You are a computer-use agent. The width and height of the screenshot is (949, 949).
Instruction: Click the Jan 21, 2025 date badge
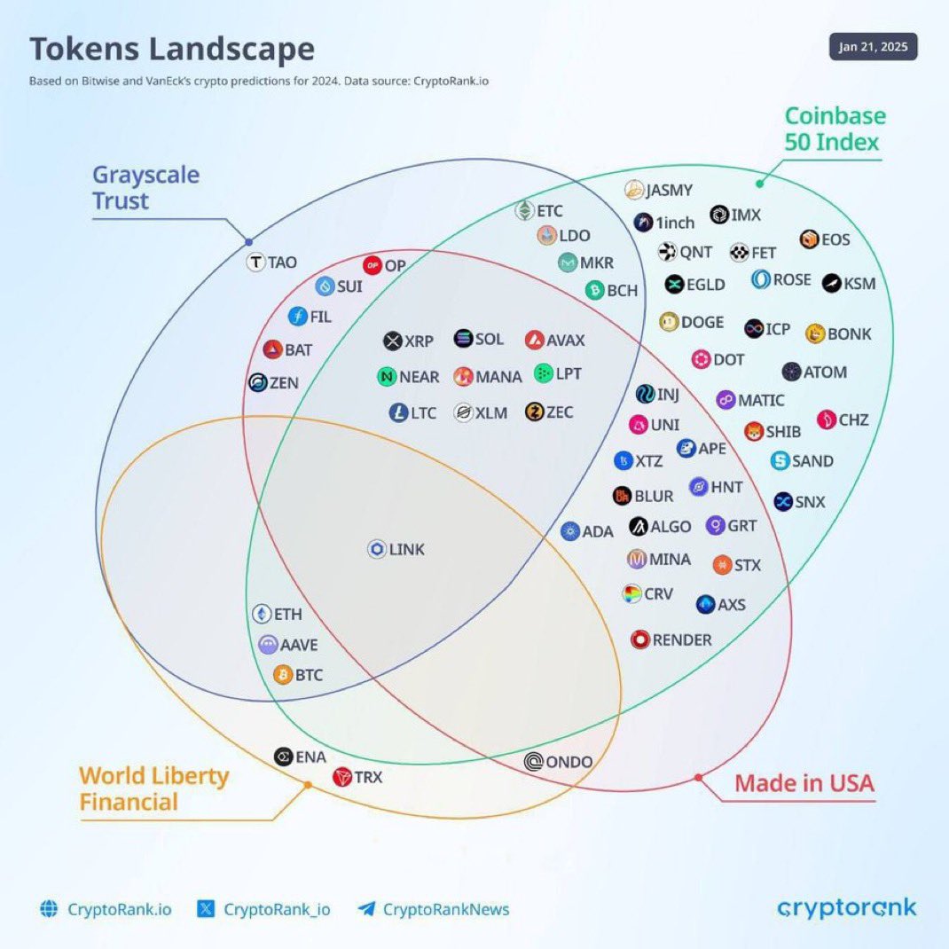pyautogui.click(x=873, y=48)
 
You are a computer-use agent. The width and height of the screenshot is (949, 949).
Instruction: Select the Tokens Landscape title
pyautogui.click(x=172, y=50)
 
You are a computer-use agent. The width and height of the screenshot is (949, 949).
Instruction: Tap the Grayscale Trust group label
pyautogui.click(x=145, y=187)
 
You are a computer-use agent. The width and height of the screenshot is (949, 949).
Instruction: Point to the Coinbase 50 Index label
pyautogui.click(x=835, y=129)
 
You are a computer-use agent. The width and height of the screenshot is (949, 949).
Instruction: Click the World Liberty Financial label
pyautogui.click(x=154, y=788)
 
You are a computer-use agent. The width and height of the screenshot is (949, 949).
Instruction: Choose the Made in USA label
pyautogui.click(x=804, y=783)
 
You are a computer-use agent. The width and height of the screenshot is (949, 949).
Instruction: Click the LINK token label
pyautogui.click(x=406, y=550)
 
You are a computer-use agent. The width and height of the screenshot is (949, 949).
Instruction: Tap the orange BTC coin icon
pyautogui.click(x=283, y=676)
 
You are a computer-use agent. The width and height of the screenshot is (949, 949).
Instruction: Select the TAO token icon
pyautogui.click(x=256, y=263)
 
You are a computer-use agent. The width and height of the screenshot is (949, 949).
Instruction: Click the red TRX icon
pyautogui.click(x=342, y=778)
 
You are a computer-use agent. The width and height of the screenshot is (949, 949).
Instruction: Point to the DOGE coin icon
pyautogui.click(x=670, y=322)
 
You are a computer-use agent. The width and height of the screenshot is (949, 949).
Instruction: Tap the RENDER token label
pyautogui.click(x=682, y=639)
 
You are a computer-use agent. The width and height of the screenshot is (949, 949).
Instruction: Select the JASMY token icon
pyautogui.click(x=634, y=190)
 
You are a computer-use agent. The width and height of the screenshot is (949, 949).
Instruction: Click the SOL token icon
pyautogui.click(x=463, y=339)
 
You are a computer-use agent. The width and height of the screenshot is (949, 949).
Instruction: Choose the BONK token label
pyautogui.click(x=849, y=334)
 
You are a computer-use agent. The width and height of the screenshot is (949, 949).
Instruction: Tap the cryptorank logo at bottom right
pyautogui.click(x=846, y=908)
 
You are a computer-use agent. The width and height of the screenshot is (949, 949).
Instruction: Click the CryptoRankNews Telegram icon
pyautogui.click(x=366, y=909)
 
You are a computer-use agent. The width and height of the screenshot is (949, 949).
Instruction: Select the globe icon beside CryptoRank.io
pyautogui.click(x=49, y=909)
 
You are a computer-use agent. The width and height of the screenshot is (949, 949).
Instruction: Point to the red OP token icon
pyautogui.click(x=373, y=265)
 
